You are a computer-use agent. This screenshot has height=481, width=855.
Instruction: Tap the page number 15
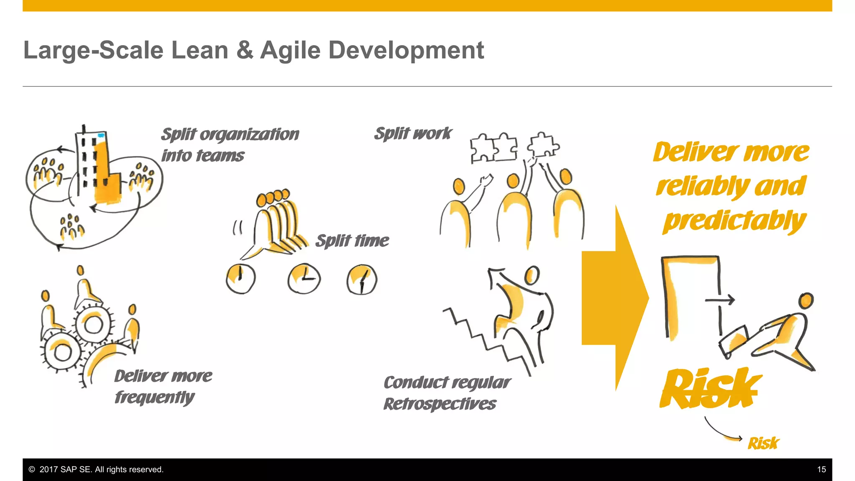click(821, 469)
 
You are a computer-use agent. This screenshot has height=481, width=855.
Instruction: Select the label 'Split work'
click(413, 134)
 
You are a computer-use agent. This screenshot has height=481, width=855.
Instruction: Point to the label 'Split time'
click(352, 241)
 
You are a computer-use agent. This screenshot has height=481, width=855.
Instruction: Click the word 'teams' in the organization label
click(220, 156)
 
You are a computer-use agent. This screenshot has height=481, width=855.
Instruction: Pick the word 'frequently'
click(154, 397)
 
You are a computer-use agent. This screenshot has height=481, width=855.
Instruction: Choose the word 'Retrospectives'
click(440, 404)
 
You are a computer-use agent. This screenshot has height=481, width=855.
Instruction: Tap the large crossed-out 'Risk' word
click(710, 388)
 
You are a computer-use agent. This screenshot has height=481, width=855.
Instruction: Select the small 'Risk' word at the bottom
click(763, 443)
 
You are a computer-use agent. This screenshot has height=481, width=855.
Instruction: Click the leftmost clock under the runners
click(240, 278)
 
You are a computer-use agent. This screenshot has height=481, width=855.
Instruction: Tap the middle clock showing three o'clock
click(304, 278)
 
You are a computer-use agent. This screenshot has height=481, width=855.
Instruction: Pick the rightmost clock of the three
click(362, 279)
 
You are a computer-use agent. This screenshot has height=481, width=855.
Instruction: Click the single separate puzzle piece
click(543, 145)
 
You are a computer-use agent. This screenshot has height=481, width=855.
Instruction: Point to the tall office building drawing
click(98, 167)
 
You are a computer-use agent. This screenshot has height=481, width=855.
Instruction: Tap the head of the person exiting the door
click(806, 300)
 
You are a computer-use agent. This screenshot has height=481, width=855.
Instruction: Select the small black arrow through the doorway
click(720, 300)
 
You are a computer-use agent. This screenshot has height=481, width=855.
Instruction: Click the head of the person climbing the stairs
click(532, 275)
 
